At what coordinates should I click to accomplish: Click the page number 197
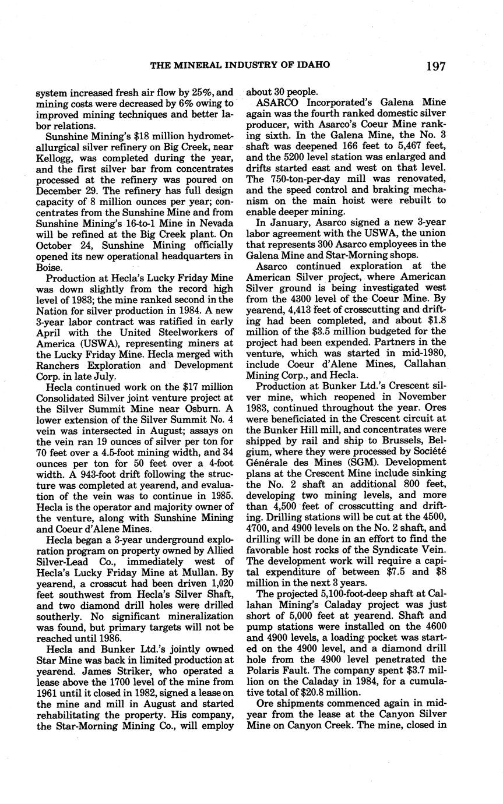[435, 66]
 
